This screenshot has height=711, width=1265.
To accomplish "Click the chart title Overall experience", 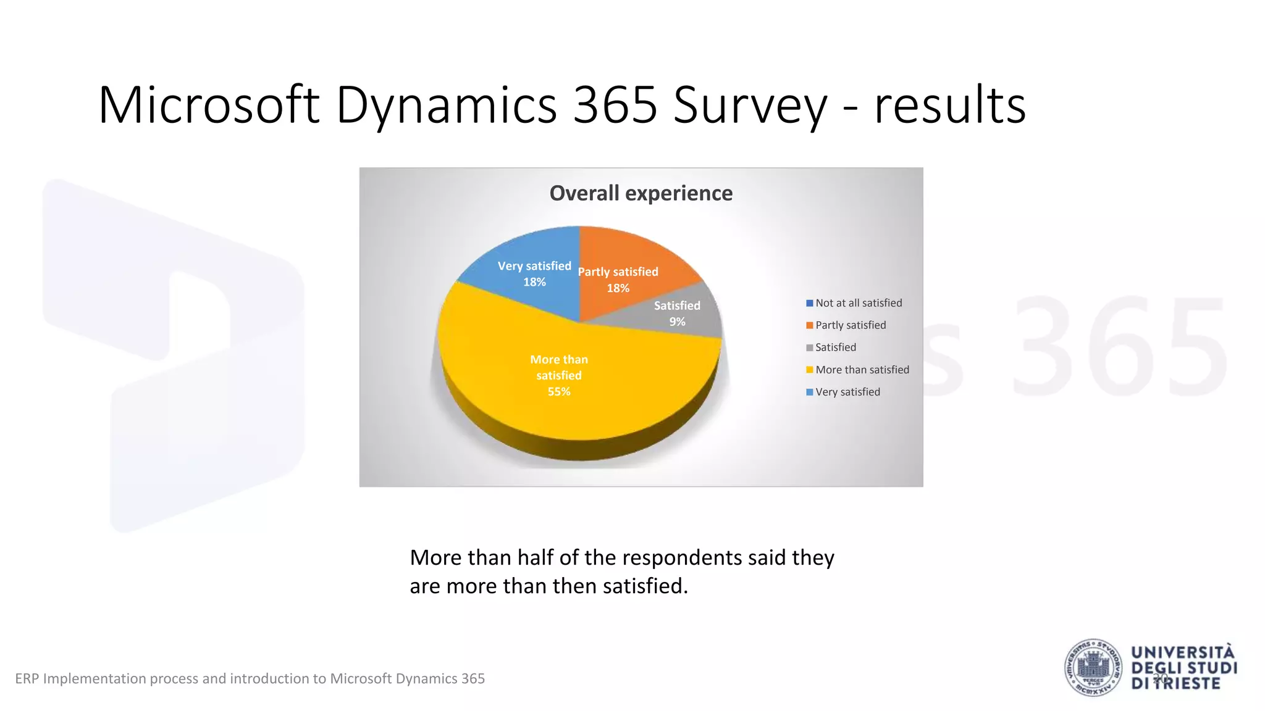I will pos(641,193).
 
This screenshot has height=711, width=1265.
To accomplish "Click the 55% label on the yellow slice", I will pos(558,391).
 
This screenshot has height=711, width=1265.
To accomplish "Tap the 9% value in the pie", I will pos(677,322).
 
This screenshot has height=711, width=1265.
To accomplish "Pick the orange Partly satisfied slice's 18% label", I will pos(618,288).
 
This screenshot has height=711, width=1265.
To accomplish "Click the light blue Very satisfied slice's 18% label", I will pos(534,282).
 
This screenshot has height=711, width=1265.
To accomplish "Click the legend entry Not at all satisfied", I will pos(858,303).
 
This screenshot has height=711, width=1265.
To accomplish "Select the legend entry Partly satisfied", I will pos(850,325).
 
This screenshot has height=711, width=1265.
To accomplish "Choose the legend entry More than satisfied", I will pos(862,370).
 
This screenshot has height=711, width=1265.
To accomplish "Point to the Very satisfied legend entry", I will pos(847,392).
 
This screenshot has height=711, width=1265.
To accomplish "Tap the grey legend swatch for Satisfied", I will pos(809,348).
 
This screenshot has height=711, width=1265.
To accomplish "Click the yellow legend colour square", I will pos(809,370).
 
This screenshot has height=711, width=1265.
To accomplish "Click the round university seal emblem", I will pos(1093,668).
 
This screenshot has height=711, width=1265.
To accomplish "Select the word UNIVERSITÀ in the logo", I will pos(1182,653).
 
